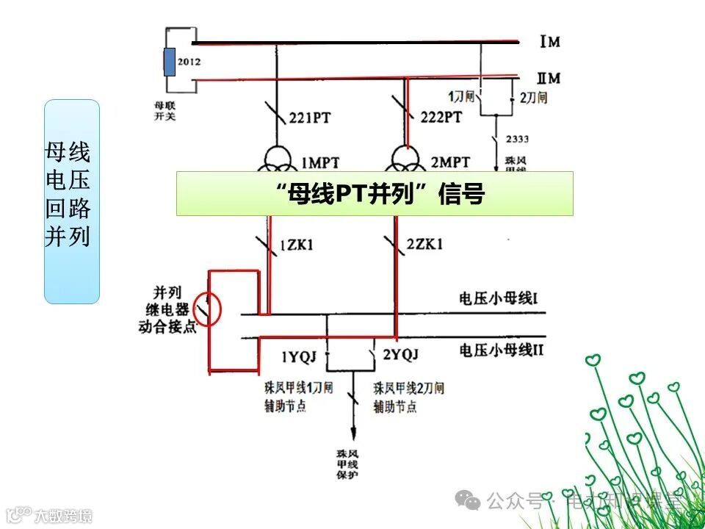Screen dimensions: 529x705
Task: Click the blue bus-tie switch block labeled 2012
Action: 170,62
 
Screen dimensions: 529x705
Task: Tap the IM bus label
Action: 550,42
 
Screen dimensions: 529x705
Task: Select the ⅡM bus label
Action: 549,78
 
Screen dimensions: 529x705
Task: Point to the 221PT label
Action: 311,116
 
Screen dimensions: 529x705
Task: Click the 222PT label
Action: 441,116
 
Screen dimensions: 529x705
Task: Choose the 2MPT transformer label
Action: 450,162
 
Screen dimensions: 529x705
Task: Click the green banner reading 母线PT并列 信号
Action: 375,193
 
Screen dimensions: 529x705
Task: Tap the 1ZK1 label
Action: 296,245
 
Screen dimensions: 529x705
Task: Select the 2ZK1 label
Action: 424,245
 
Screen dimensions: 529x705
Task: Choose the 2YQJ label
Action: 401,356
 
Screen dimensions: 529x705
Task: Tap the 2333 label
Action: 518,140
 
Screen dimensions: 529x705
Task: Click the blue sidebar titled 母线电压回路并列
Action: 72,201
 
